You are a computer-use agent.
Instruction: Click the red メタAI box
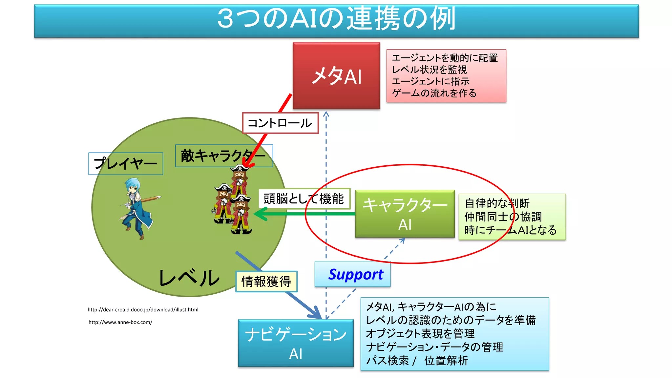pos(336,75)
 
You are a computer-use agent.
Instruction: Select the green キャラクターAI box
pos(405,214)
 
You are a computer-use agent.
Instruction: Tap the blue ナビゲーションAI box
pos(296,343)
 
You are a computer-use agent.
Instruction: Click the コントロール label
pos(280,123)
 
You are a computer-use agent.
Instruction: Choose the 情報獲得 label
pos(266,282)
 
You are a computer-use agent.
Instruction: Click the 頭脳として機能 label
pos(304,199)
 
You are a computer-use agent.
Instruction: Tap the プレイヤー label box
pos(126,163)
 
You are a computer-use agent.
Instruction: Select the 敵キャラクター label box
pos(224,156)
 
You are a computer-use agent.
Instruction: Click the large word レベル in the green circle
pos(189,278)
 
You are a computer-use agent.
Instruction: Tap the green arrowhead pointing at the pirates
pos(261,214)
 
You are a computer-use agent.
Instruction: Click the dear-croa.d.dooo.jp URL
pos(143,309)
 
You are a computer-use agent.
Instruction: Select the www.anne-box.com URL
pos(120,322)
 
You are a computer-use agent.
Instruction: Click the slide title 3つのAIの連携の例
pos(336,19)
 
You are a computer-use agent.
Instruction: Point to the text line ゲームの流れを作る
pos(434,93)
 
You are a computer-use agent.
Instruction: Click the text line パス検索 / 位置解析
pos(417,361)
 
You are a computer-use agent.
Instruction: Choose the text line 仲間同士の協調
pos(503,217)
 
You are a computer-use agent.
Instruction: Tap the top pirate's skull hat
pos(240,168)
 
